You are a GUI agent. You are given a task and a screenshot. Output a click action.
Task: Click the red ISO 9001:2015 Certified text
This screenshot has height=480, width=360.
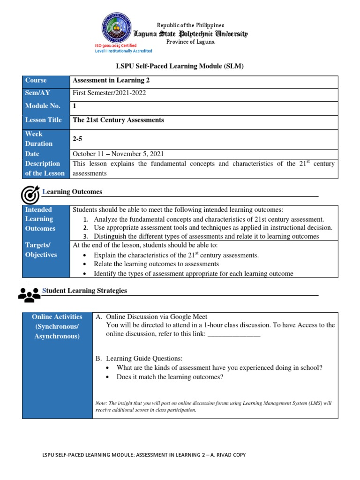pos(116,45)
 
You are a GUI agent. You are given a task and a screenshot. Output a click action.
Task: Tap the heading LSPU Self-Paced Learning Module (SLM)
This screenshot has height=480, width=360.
pos(180,67)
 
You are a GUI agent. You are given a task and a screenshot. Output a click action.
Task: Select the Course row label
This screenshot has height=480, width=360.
pos(36,81)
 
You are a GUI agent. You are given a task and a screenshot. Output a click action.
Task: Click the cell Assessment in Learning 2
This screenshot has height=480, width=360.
pos(111,81)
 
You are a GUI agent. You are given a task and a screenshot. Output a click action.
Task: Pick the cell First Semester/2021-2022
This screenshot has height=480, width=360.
pos(109,93)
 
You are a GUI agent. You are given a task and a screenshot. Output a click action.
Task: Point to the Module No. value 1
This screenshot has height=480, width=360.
pos(75,106)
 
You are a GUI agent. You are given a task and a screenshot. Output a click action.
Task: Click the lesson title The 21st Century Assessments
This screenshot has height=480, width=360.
pos(118,120)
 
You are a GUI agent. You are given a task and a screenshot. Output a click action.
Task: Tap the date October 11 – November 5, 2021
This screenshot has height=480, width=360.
pos(118,154)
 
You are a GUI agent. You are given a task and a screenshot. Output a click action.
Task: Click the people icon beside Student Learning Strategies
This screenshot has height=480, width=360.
pos(30,294)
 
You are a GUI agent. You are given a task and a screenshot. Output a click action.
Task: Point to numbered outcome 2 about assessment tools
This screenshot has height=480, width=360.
pos(213,228)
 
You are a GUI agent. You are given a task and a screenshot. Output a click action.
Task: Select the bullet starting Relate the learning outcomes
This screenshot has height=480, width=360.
pos(156,264)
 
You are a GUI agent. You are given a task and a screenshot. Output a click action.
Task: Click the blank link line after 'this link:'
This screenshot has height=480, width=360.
pos(233,334)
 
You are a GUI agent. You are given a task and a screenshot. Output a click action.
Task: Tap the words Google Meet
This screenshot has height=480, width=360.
pos(188,317)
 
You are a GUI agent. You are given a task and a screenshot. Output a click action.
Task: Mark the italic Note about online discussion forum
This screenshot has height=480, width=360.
pos(213,406)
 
